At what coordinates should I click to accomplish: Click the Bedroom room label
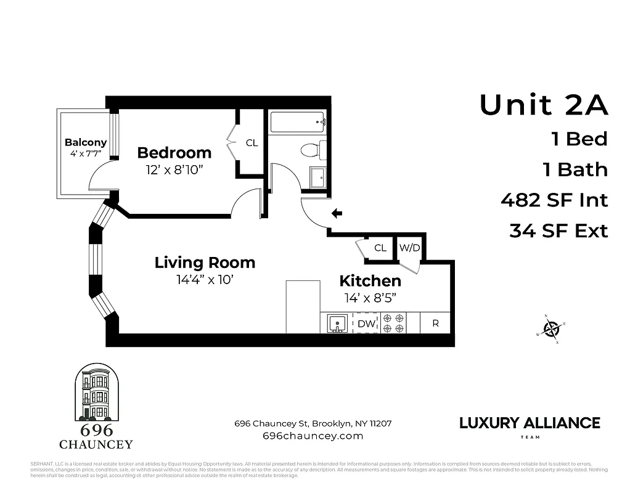tap(174, 153)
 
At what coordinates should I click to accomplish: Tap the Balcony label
tap(86, 142)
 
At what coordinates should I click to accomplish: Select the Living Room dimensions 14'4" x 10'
tap(204, 279)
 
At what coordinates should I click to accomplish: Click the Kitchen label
tap(370, 281)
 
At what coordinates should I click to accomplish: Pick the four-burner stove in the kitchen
tap(393, 323)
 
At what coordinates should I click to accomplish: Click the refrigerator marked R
tap(435, 323)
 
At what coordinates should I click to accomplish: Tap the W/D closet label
tap(409, 248)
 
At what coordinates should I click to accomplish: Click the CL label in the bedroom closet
tap(252, 143)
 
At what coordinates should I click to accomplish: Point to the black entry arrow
tap(337, 214)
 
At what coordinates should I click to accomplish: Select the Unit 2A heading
tap(544, 105)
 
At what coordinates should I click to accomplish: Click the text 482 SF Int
tap(554, 200)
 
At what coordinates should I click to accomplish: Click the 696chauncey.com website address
tap(313, 436)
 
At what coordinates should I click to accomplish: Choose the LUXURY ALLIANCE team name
tap(530, 423)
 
